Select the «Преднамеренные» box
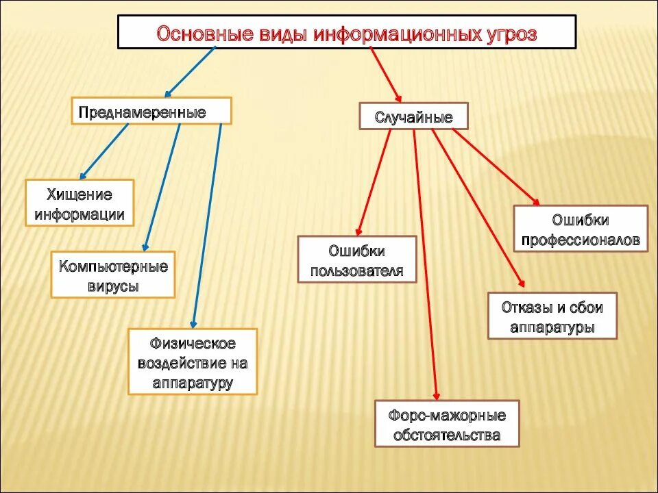[151, 111]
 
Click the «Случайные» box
[414, 116]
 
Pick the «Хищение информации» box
[80, 203]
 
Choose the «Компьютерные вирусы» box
[113, 275]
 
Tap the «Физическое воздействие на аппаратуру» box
[193, 362]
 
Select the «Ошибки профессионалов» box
[581, 229]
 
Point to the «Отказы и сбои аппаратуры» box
[552, 316]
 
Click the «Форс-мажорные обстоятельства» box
[447, 425]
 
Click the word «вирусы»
[113, 286]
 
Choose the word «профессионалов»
[581, 240]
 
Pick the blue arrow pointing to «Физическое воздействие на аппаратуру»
[208, 226]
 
